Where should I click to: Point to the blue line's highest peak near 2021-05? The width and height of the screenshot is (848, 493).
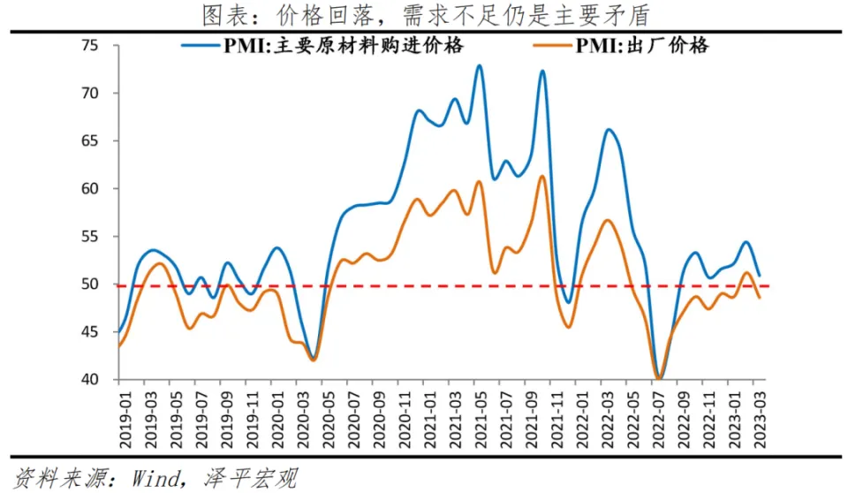click(479, 65)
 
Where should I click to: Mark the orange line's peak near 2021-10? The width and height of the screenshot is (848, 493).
click(542, 176)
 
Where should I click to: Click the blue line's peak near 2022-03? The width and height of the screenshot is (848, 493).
click(609, 130)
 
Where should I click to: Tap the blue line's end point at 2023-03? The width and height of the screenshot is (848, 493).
click(760, 276)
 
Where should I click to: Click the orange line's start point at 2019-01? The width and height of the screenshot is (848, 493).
click(118, 346)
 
